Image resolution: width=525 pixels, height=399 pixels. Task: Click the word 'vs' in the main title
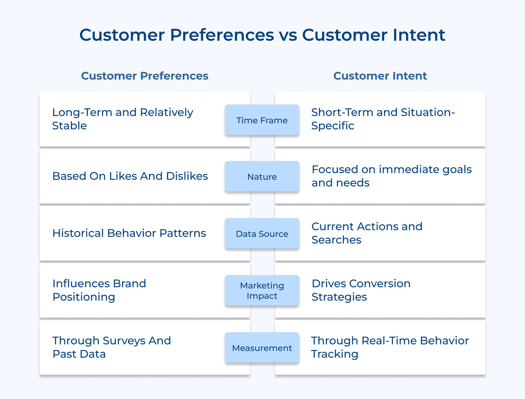point(288,35)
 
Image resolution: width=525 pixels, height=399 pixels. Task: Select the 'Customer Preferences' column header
point(145,76)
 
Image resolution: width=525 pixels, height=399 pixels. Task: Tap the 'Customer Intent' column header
point(380,76)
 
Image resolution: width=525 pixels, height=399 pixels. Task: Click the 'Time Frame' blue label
point(262,120)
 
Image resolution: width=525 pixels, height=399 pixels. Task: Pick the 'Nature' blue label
point(262,177)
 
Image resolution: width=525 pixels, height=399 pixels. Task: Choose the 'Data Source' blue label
point(262,234)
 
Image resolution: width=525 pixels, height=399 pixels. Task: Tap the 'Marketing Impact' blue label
point(262,291)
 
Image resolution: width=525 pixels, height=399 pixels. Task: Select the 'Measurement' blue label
point(262,348)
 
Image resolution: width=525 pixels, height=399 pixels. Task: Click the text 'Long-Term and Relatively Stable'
point(122,119)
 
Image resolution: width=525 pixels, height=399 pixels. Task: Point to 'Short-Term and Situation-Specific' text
point(383,119)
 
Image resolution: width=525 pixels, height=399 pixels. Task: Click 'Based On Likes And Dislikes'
point(130,176)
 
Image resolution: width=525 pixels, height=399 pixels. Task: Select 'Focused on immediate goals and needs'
point(391,176)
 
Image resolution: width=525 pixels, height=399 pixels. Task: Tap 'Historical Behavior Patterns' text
point(129,233)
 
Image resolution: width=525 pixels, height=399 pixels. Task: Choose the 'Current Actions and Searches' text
point(367,233)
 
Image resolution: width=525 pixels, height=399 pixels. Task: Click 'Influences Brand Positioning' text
point(99,290)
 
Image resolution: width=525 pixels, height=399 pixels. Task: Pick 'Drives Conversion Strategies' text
point(361,290)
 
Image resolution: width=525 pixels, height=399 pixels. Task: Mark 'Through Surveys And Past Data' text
point(112,347)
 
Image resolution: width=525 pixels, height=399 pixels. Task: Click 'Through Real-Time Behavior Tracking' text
point(389,347)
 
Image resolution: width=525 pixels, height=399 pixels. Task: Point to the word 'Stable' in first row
point(70,126)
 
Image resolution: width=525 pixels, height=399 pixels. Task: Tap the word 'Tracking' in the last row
point(335,354)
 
